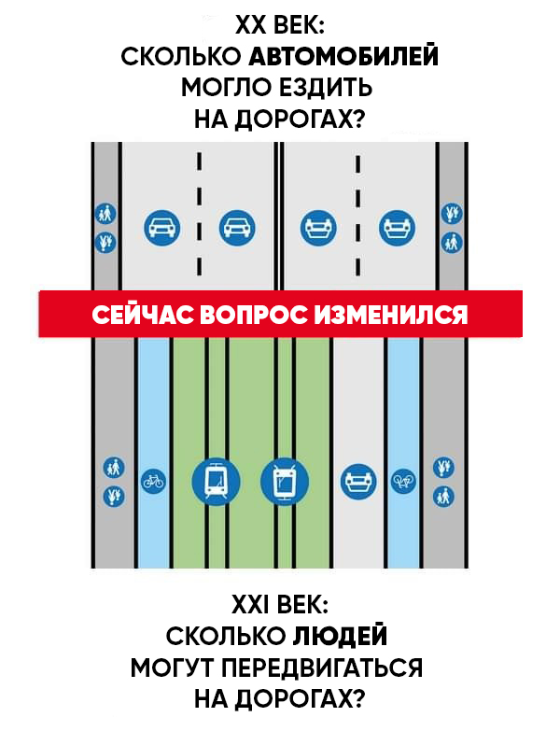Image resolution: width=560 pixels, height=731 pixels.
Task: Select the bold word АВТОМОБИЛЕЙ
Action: pos(343,56)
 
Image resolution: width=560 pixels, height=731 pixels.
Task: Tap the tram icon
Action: pos(216,481)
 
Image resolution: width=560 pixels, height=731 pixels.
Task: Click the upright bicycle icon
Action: pos(152,481)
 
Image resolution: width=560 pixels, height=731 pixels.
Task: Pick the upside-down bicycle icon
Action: pos(402,481)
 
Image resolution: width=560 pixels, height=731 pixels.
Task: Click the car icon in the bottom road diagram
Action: pos(357,481)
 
